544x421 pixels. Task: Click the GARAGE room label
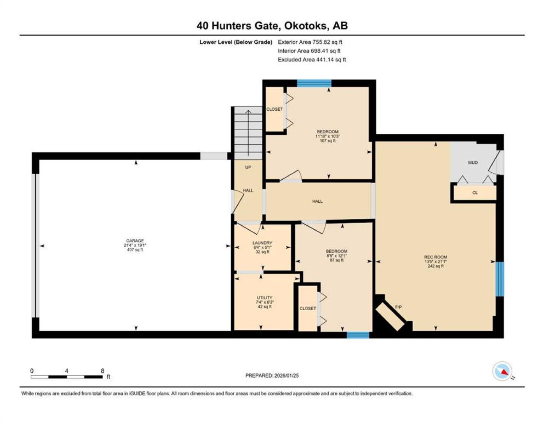click(x=135, y=241)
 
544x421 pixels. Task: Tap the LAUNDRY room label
click(x=262, y=243)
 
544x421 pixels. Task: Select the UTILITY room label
click(x=264, y=297)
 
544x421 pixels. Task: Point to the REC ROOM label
click(x=435, y=257)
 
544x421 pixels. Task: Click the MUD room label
click(x=473, y=163)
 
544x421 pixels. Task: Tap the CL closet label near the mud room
click(x=475, y=193)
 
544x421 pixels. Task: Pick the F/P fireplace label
click(x=398, y=307)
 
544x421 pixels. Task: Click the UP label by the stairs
click(x=248, y=167)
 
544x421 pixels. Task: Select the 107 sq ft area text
click(x=327, y=141)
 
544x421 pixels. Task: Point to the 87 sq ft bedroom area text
click(x=336, y=260)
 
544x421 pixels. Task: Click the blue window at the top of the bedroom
click(x=314, y=83)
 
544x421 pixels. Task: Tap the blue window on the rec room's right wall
click(x=500, y=279)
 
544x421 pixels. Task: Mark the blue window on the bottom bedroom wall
click(x=358, y=335)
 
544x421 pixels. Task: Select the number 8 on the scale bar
click(x=102, y=371)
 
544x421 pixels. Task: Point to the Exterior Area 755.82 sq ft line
click(x=310, y=42)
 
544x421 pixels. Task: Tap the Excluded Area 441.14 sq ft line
click(x=312, y=60)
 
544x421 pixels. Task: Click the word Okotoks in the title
click(x=306, y=26)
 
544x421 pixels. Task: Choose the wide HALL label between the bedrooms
click(x=318, y=201)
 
